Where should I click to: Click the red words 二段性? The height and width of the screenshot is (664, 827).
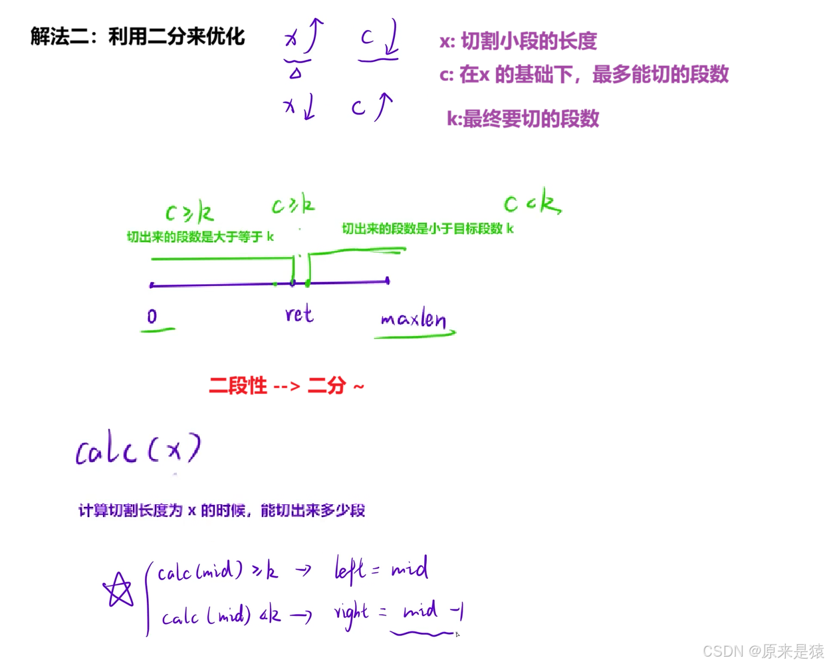click(x=238, y=385)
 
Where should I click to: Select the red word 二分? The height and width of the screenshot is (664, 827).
click(x=328, y=385)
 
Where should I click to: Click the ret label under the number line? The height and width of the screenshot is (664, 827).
click(x=299, y=313)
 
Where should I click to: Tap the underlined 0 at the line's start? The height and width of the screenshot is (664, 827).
click(x=154, y=317)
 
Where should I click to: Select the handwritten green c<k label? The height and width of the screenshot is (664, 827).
click(x=532, y=202)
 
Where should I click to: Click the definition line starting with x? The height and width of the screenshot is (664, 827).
click(x=519, y=41)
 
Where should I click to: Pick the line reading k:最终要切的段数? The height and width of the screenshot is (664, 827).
click(x=524, y=119)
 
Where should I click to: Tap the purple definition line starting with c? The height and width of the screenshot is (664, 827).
click(x=584, y=74)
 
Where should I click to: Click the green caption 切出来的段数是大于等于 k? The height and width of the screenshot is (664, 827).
click(x=200, y=236)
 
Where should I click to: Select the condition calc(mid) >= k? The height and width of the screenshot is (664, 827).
click(x=218, y=572)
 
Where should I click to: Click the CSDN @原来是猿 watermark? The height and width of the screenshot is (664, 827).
click(x=763, y=650)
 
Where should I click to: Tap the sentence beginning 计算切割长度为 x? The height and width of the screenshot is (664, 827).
click(x=221, y=510)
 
